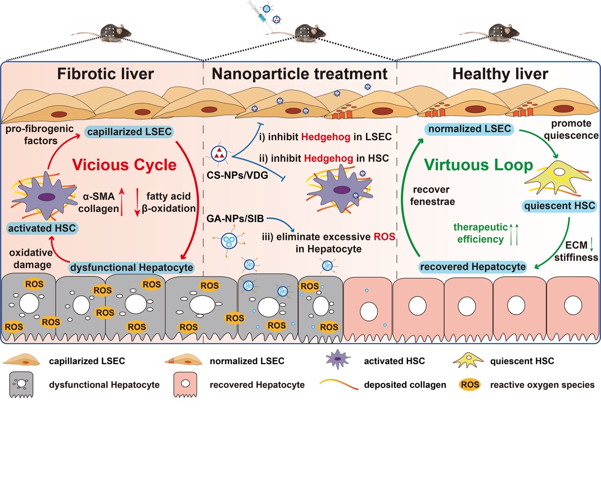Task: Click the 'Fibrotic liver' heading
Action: [x=105, y=74]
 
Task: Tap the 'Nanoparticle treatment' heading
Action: [x=300, y=74]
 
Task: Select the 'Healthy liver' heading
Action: [x=500, y=74]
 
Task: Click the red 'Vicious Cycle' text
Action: [x=124, y=165]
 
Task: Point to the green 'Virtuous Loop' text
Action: [x=478, y=165]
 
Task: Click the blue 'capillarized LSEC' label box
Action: [x=129, y=132]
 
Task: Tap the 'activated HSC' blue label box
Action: [x=42, y=228]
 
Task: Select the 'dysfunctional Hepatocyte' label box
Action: [x=132, y=267]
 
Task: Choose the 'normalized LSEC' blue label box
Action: [x=469, y=129]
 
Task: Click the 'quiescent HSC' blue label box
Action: [x=559, y=206]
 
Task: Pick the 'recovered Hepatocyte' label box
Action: [x=473, y=267]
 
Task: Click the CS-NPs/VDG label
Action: [x=237, y=175]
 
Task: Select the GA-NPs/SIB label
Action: [x=235, y=219]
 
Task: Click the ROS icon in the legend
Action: [x=470, y=385]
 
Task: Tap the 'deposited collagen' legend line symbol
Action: [x=338, y=385]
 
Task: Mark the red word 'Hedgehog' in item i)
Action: [x=325, y=137]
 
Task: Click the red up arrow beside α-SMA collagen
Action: [x=122, y=201]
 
